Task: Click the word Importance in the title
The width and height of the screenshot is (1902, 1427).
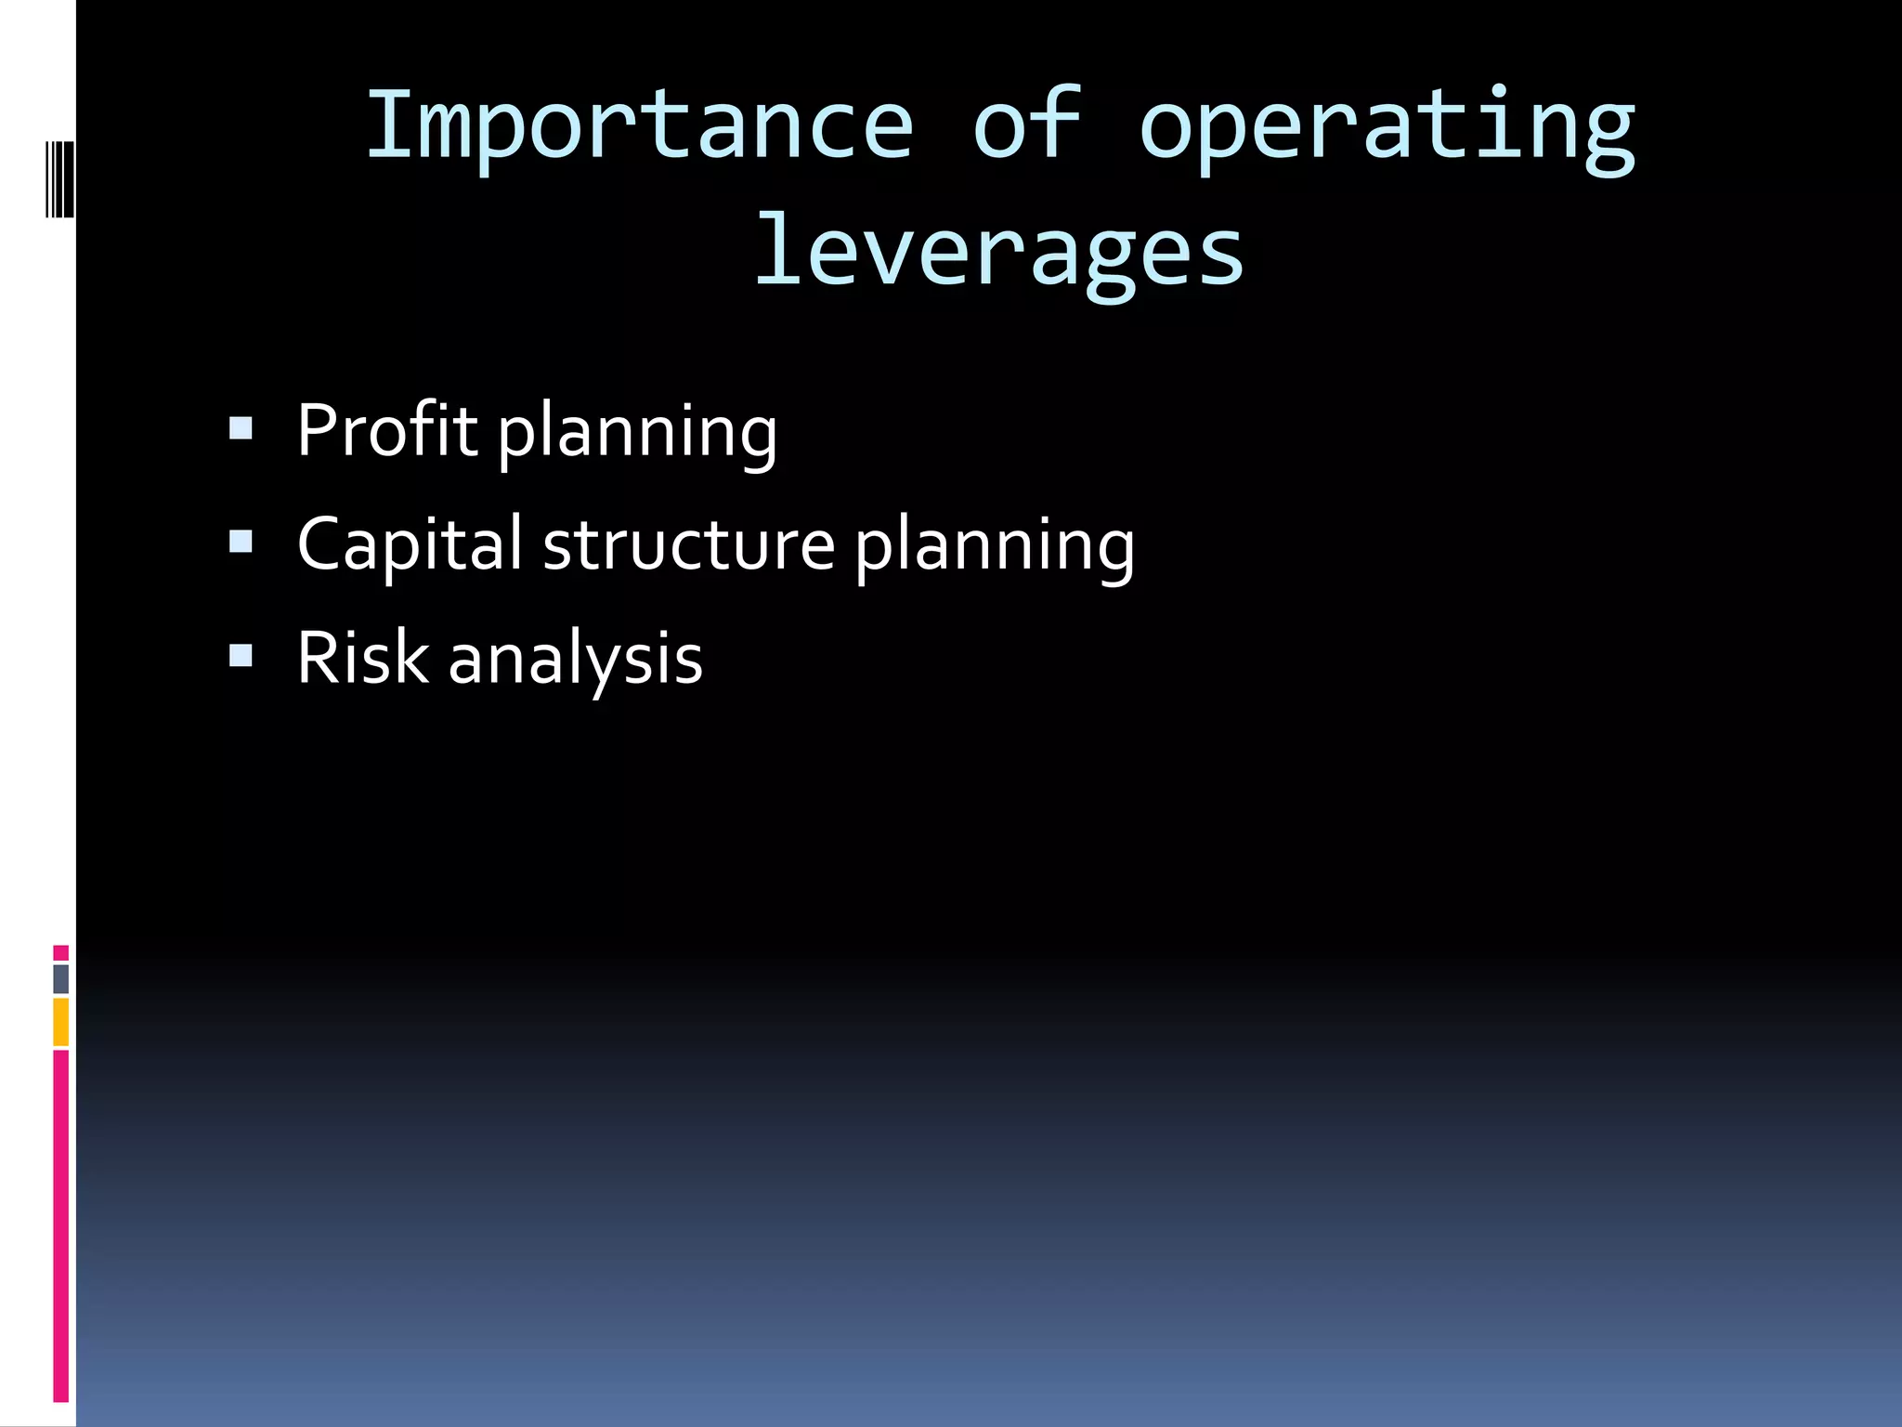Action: pos(640,125)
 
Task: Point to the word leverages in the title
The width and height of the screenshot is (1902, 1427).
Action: pos(998,253)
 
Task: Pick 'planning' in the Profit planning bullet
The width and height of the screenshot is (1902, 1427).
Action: pos(637,435)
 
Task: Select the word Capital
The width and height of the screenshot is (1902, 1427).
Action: pos(410,545)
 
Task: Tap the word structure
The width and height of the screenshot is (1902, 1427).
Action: pos(688,545)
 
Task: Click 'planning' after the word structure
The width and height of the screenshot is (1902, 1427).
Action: pos(994,548)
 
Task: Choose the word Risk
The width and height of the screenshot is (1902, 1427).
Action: pos(361,659)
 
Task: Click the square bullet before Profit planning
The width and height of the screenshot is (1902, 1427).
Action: pos(241,428)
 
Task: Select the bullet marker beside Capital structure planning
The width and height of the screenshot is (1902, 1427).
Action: pos(241,542)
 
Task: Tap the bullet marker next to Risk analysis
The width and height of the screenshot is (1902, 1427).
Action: pos(241,656)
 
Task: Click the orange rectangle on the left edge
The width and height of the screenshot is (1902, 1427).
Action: pos(60,1022)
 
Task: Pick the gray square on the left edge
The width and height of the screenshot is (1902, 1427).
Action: pos(60,979)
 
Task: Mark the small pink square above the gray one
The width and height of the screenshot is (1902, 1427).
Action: pos(60,952)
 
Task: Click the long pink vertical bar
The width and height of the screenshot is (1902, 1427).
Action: pos(60,1226)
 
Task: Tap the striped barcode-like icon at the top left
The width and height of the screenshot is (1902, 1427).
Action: pos(59,178)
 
